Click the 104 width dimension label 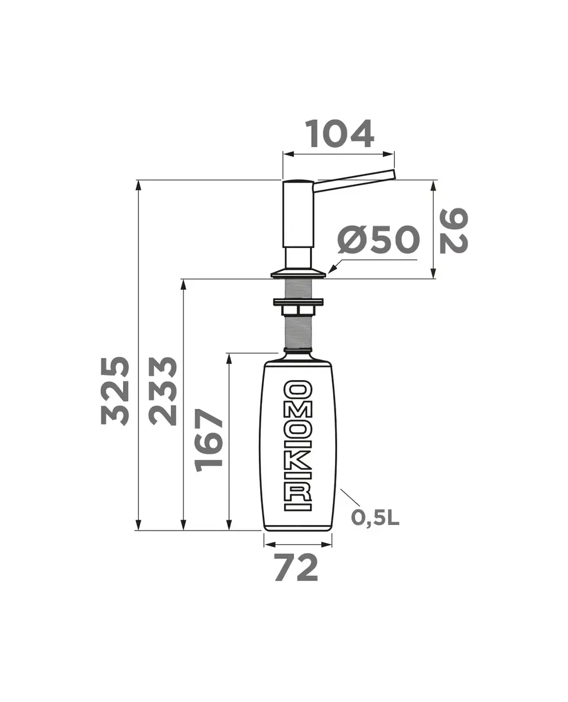[339, 134]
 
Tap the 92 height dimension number [454, 231]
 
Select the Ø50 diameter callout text [378, 240]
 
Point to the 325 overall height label [115, 391]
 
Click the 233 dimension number [163, 391]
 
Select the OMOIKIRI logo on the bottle [298, 446]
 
